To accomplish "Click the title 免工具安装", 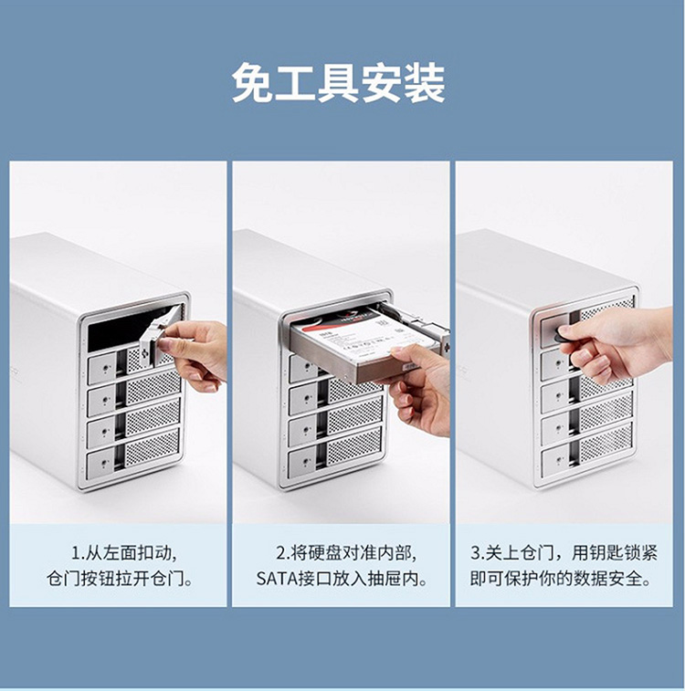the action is coord(338,83).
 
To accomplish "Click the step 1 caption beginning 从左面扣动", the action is coord(125,553).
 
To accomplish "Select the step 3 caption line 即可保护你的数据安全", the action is coord(561,579).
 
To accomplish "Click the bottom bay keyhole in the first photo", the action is coord(104,463).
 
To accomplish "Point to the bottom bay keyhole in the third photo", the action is coord(558,461).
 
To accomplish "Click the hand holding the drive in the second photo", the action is coord(416,388).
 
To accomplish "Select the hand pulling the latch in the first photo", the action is coord(195,352).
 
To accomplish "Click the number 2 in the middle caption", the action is coord(281,553).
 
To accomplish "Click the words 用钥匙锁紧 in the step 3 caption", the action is coord(615,552).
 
